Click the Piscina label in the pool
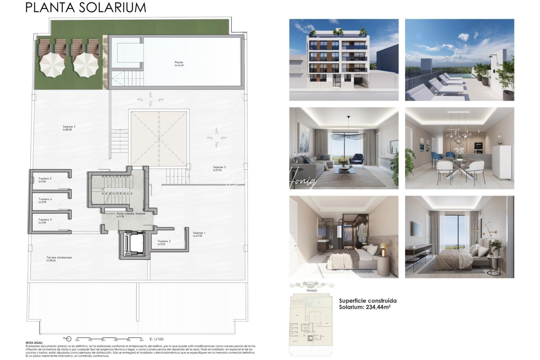click(179, 63)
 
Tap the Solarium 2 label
click(69, 127)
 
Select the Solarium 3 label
click(219, 167)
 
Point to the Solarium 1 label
click(199, 233)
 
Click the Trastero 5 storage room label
click(45, 179)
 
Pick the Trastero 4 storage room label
click(45, 200)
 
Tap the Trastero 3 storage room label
click(45, 220)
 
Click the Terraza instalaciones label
click(59, 258)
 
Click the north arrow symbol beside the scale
click(68, 339)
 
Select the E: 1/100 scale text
click(157, 339)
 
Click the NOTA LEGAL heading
click(34, 343)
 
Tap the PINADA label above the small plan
click(311, 291)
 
